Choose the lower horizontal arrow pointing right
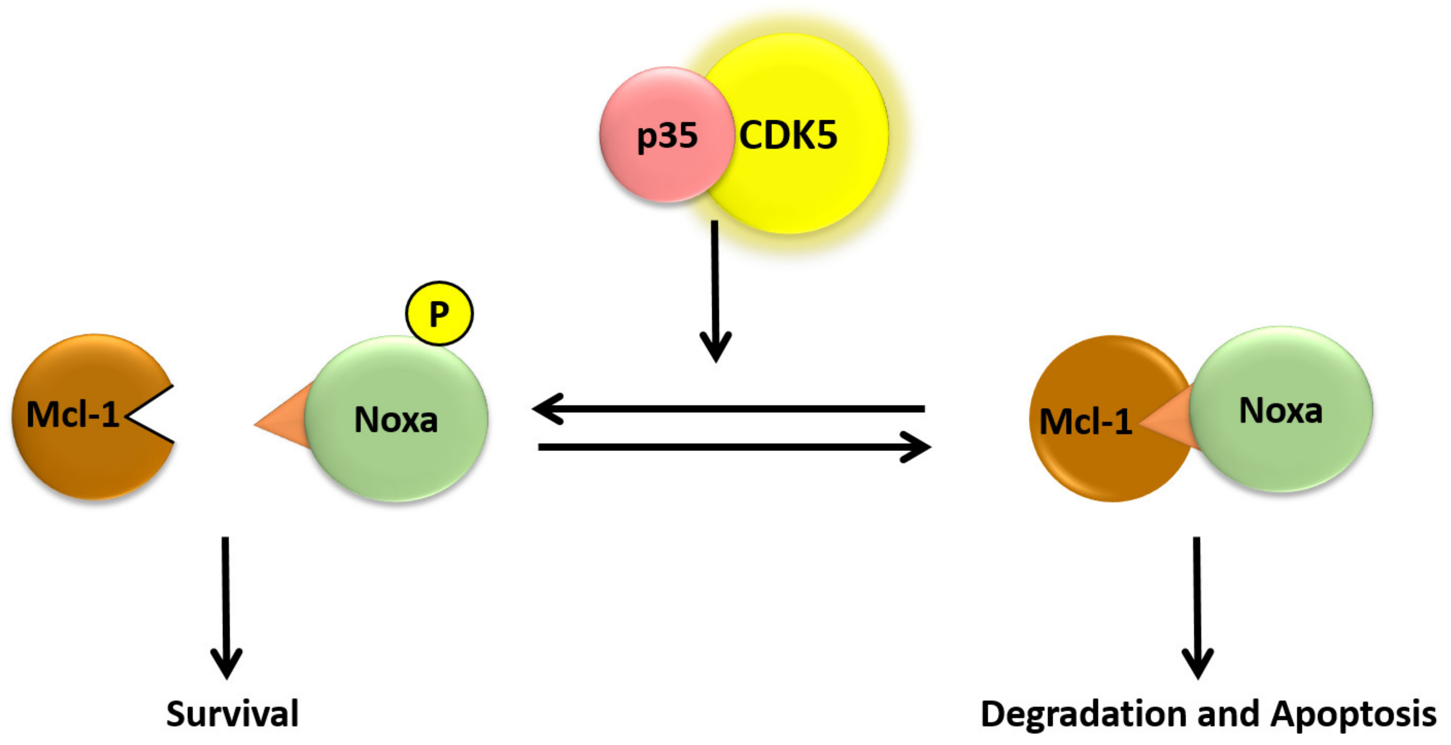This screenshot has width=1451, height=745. pos(732,447)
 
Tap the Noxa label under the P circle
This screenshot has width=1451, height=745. pos(396,420)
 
